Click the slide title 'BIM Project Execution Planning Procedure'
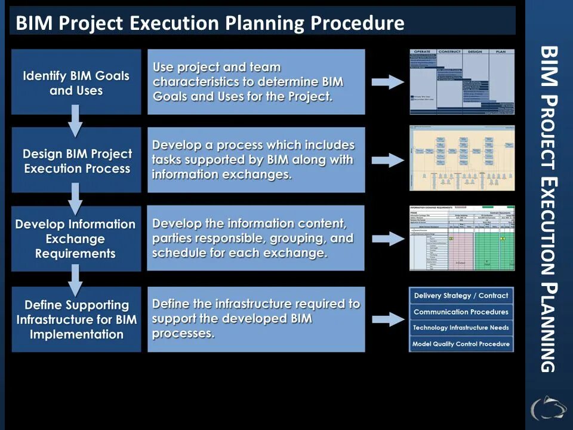click(x=210, y=23)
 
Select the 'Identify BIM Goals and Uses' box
click(x=76, y=82)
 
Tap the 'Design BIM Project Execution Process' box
click(x=76, y=160)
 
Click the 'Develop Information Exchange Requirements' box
click(x=75, y=238)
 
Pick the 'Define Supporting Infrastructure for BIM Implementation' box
click(x=76, y=319)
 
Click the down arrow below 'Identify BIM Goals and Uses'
click(x=75, y=120)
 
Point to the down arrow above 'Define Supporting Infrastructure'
click(x=75, y=277)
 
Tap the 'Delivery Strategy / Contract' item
click(x=461, y=296)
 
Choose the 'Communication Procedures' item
click(x=461, y=312)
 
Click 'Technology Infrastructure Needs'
click(x=461, y=328)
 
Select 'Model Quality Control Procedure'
click(x=461, y=344)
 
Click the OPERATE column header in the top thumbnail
click(x=423, y=52)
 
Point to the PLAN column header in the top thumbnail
click(x=501, y=52)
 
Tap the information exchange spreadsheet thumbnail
click(x=461, y=238)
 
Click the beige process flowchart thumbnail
click(x=461, y=158)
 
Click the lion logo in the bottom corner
click(x=548, y=408)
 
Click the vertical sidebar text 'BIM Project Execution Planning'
click(x=548, y=209)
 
